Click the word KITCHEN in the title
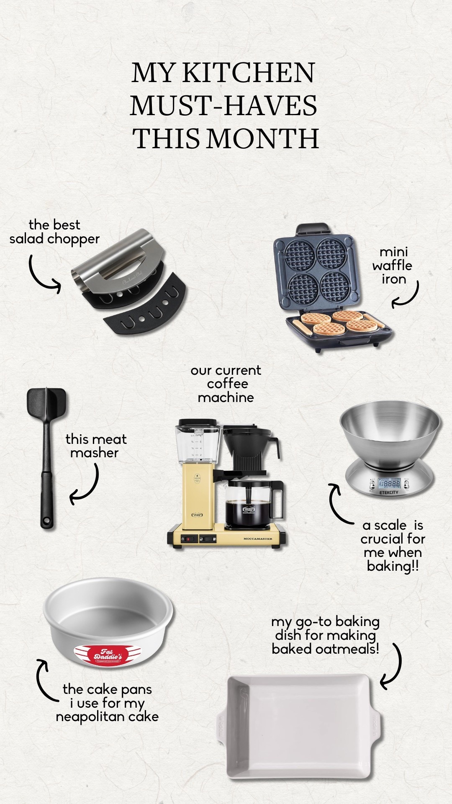pos(248,73)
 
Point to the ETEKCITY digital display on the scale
pos(389,484)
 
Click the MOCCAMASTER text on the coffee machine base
pos(258,539)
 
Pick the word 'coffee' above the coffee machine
pos(227,384)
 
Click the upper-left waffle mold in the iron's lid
pos(299,255)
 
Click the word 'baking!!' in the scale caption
pos(393,566)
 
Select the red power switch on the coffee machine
pos(188,539)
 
